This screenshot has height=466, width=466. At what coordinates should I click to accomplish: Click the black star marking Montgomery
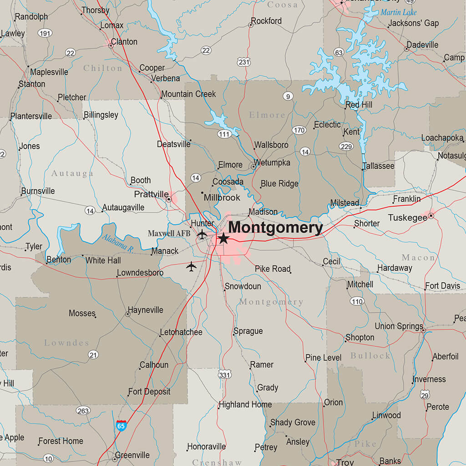pos(223,238)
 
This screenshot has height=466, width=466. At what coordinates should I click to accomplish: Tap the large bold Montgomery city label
pos(275,228)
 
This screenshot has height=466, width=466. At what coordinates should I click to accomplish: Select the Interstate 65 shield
pos(121,426)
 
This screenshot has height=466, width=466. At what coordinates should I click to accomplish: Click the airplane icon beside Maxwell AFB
pos(202,234)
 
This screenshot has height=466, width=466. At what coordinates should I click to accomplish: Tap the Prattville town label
pos(151,195)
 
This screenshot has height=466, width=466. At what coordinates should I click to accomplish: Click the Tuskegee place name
pos(407,218)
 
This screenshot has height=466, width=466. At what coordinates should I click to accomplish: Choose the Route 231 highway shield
pos(244,62)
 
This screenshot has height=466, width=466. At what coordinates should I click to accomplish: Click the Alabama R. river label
pos(116,244)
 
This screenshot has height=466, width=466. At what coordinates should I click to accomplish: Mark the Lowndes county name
pos(66,343)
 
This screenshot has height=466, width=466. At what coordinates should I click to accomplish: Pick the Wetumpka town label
pos(272,162)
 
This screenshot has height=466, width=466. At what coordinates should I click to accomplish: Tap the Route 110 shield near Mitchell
pos(357,301)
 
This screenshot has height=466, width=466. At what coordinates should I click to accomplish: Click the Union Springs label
pos(399,326)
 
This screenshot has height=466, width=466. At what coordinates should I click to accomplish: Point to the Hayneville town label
pos(145,310)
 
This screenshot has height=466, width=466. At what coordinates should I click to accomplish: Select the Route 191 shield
pos(45,33)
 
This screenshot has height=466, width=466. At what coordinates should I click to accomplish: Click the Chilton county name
pos(103,68)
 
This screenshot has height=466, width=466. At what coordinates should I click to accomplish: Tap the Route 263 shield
pos(83,410)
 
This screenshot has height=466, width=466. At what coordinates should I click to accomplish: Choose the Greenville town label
pos(132,455)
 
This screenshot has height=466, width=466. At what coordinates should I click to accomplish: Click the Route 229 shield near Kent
pos(346,146)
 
